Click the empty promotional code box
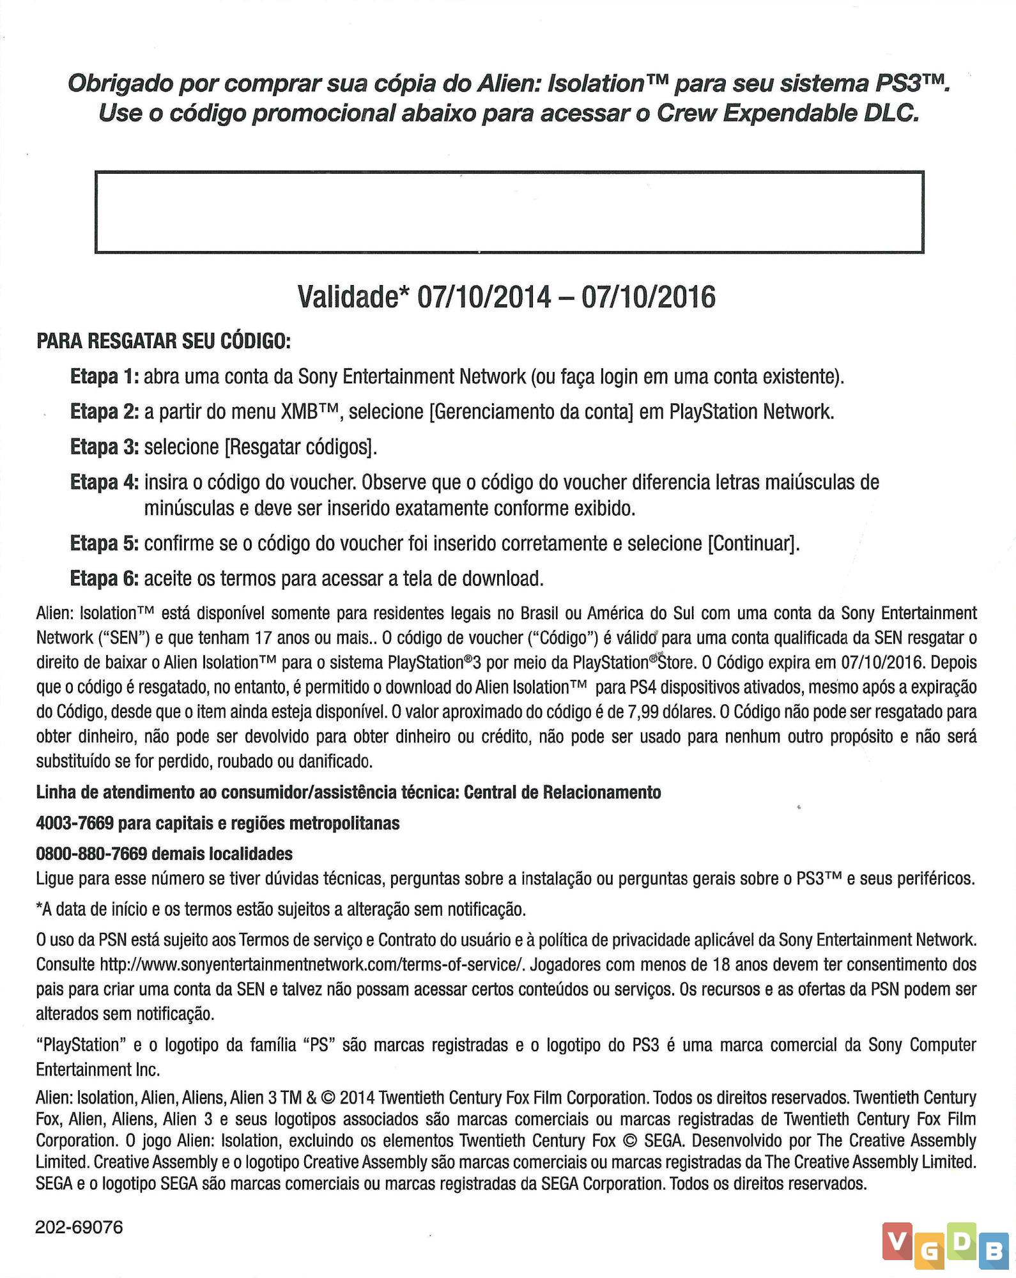point(509,212)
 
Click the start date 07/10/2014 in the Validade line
point(483,297)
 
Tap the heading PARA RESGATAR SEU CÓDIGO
point(164,341)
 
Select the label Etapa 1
point(104,376)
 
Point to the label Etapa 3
point(104,447)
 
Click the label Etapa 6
point(104,578)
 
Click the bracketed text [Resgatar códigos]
point(300,447)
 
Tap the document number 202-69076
point(79,1228)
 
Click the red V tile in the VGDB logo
point(898,1241)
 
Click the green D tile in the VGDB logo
point(961,1241)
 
